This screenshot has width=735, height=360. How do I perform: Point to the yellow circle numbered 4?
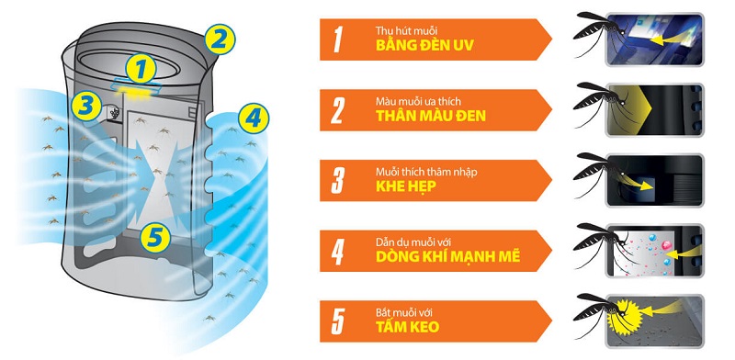point(254,118)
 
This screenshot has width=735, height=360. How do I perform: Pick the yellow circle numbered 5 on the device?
point(156,239)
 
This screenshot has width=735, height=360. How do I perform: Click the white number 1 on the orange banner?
point(338,39)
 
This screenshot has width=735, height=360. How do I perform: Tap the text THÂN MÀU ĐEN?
point(431,117)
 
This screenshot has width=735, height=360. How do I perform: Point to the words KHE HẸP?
point(406,186)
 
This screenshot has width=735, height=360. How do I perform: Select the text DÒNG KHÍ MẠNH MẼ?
point(447,256)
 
